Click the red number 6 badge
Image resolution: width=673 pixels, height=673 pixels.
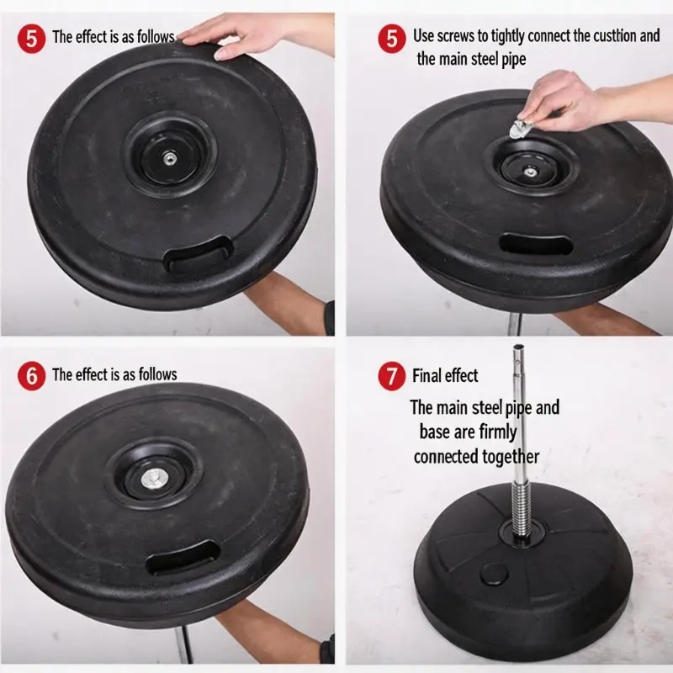[31, 375]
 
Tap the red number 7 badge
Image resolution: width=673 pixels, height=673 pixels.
[391, 376]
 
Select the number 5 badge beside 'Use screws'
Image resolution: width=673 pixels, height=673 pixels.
[391, 38]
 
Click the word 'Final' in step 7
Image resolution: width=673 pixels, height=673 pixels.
[427, 375]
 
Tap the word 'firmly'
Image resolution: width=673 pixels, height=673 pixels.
[498, 432]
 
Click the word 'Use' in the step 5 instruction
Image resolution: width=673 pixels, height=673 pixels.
[424, 36]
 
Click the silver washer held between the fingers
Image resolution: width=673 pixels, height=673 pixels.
[520, 129]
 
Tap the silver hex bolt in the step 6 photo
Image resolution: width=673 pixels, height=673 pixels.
[153, 479]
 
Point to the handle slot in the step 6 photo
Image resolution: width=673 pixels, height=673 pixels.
[183, 558]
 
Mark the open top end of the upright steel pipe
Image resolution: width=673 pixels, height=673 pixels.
[518, 347]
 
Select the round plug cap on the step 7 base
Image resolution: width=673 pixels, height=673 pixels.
[494, 574]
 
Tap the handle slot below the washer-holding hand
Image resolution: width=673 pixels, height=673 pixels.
[537, 244]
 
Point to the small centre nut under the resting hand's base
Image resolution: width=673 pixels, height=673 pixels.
[168, 159]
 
